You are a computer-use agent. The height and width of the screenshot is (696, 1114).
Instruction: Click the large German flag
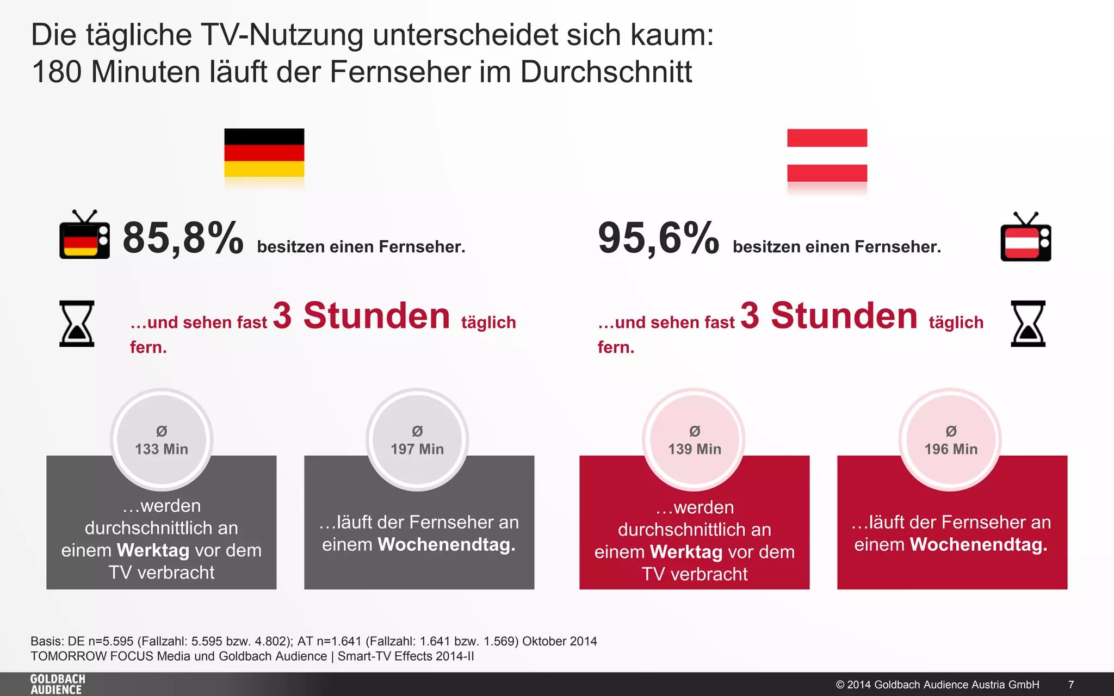pos(264,153)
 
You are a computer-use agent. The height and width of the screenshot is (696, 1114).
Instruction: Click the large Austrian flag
pos(827,156)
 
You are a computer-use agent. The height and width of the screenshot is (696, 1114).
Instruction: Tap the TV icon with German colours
pos(84,235)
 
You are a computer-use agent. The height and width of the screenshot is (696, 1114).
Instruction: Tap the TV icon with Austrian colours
pos(1025,238)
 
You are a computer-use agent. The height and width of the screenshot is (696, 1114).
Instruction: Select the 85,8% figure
pos(183,238)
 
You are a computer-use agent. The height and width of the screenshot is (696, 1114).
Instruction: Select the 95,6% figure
pos(658,238)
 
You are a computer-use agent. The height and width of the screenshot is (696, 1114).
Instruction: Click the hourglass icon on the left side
pos(77,324)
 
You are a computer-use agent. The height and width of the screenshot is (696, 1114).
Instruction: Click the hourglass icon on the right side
pos(1028,324)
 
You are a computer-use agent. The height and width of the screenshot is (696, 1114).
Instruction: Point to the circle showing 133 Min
pos(162,439)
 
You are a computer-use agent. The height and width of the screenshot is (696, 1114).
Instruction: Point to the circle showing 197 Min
pos(417,439)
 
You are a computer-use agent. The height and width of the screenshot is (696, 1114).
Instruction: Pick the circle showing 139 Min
pos(695,439)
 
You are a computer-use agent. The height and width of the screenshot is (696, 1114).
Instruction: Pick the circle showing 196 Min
pos(951,439)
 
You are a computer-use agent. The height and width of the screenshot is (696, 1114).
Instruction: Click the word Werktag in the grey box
pos(153,550)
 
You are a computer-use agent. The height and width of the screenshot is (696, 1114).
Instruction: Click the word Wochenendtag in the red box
pos(979,544)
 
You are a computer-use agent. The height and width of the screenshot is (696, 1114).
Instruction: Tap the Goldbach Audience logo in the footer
pos(58,684)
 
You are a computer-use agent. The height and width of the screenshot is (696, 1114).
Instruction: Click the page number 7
pos(1071,685)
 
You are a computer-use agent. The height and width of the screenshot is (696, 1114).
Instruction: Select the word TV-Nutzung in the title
pos(282,35)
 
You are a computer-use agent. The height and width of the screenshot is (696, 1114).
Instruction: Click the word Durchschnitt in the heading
pos(606,72)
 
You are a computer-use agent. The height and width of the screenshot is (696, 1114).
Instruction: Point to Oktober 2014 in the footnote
pos(559,641)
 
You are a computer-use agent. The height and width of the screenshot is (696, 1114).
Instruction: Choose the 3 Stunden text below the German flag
pos(361,316)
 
